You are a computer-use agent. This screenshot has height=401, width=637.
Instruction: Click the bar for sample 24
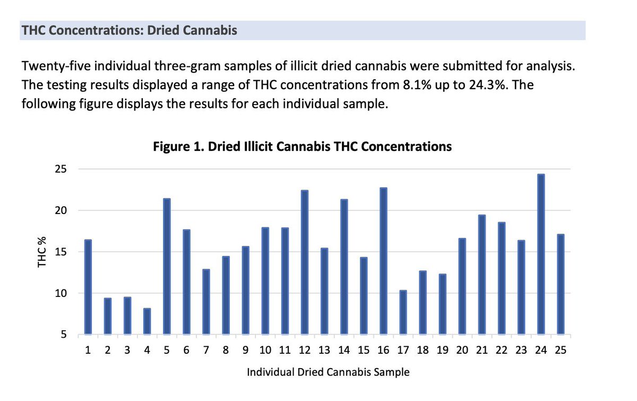[540, 254]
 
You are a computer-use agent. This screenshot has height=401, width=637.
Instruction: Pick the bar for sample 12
[304, 262]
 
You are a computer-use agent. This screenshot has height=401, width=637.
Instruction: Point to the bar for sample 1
[88, 287]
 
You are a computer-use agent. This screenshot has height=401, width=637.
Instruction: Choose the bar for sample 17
[403, 312]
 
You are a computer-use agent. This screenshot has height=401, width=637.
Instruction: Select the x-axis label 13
[324, 351]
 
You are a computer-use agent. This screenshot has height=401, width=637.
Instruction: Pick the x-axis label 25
[560, 351]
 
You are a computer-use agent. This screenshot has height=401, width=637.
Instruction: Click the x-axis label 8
[226, 351]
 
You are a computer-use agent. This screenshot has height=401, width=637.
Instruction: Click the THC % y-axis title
[42, 252]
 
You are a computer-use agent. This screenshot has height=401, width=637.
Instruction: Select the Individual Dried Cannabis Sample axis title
[328, 372]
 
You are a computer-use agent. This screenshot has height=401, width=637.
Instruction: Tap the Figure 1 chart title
[302, 147]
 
